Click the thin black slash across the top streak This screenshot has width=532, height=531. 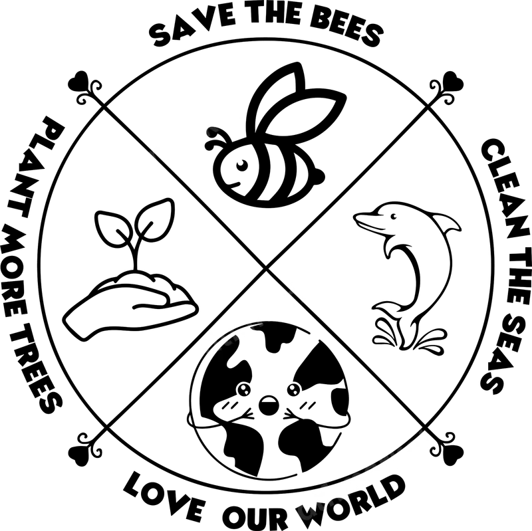tap(155, 154)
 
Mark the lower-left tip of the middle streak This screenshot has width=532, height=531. tap(203, 348)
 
